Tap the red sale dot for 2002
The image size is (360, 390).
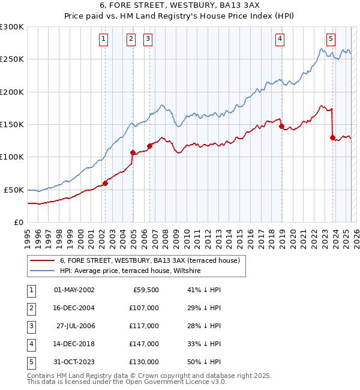(105, 183)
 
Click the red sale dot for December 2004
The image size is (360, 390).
(133, 152)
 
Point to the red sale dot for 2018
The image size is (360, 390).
(281, 127)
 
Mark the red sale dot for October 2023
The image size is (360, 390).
(332, 137)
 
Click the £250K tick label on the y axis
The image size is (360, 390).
(12, 59)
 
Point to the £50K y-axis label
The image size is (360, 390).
(14, 190)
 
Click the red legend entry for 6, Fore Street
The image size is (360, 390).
(149, 260)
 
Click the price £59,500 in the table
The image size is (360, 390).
(145, 290)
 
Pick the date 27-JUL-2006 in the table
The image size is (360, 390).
(76, 326)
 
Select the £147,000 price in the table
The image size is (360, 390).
(143, 344)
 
